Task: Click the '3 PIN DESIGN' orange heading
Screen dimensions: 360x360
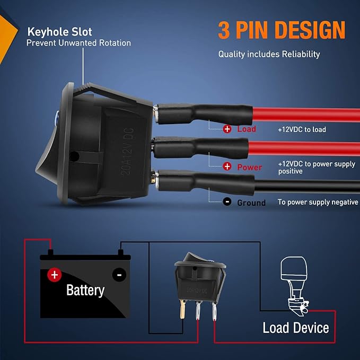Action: (x=282, y=30)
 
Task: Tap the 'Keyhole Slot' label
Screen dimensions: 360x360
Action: (x=60, y=32)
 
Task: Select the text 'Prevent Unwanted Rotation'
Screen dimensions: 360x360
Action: (x=78, y=43)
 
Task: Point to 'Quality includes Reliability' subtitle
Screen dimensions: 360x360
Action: (x=269, y=54)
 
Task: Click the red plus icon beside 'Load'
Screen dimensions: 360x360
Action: (x=227, y=129)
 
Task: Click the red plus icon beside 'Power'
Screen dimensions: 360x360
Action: (x=227, y=166)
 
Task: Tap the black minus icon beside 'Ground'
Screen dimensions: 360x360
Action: (x=227, y=202)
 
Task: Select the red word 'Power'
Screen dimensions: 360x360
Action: (x=250, y=167)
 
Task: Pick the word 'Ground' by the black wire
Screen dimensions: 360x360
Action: (x=251, y=203)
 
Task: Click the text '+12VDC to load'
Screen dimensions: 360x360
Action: (x=302, y=129)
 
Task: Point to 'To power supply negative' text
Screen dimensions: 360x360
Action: (x=318, y=202)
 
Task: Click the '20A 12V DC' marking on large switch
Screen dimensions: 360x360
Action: (x=127, y=152)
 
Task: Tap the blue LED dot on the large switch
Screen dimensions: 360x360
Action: (x=57, y=115)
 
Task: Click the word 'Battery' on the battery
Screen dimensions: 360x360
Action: (x=85, y=291)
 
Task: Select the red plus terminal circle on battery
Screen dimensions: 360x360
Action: (x=55, y=275)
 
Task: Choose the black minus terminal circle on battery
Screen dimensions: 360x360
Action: (x=119, y=275)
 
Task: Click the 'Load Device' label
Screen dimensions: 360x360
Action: (x=296, y=328)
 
